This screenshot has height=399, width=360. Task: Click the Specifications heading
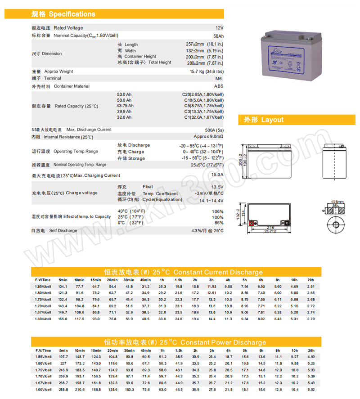[x=63, y=14]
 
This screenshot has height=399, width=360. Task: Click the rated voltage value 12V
[x=219, y=28]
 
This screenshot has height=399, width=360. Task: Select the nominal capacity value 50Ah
[x=218, y=36]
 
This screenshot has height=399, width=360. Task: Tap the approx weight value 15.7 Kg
[x=207, y=72]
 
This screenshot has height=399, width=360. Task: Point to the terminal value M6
[x=220, y=78]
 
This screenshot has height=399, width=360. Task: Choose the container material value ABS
[x=219, y=86]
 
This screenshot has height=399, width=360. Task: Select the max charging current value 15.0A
[x=217, y=175]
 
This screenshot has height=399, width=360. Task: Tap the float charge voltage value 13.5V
[x=217, y=187]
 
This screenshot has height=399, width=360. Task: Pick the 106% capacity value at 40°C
[x=218, y=211]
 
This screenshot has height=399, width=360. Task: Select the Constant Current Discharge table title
[x=183, y=272]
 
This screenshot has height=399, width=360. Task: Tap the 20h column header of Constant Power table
[x=310, y=350]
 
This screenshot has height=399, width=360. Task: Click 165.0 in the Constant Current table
[x=63, y=319]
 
